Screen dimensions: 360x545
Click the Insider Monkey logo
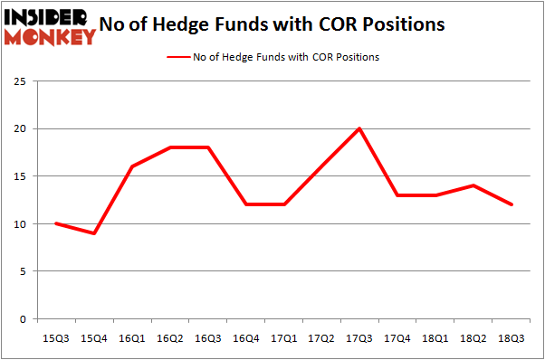(x=50, y=24)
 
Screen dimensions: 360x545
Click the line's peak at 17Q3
(x=359, y=128)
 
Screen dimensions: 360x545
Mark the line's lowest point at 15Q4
(x=94, y=233)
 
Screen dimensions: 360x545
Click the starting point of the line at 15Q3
(x=56, y=223)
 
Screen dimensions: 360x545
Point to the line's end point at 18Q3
(x=512, y=204)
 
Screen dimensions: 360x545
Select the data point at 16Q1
(x=131, y=166)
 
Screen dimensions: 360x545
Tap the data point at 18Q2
(x=473, y=185)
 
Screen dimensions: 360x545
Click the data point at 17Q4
(x=397, y=195)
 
